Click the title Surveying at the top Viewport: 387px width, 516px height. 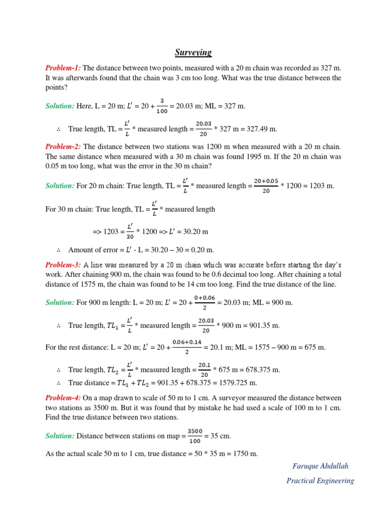click(x=193, y=52)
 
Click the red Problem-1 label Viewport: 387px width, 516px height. click(x=63, y=68)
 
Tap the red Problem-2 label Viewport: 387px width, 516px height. click(x=63, y=147)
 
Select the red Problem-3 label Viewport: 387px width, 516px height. click(x=63, y=265)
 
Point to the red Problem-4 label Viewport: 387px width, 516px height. click(x=63, y=398)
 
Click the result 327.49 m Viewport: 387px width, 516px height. click(x=260, y=129)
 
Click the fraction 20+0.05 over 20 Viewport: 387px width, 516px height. click(x=266, y=185)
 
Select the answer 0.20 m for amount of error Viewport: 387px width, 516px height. click(x=202, y=249)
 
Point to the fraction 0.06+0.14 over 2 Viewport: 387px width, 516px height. click(x=186, y=347)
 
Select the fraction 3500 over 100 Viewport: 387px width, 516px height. click(x=195, y=435)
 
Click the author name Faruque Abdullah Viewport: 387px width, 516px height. click(x=320, y=466)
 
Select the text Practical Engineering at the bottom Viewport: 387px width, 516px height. click(x=320, y=481)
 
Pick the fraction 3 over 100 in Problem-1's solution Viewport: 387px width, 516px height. click(x=162, y=106)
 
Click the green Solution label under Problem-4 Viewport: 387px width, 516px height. click(x=60, y=435)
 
